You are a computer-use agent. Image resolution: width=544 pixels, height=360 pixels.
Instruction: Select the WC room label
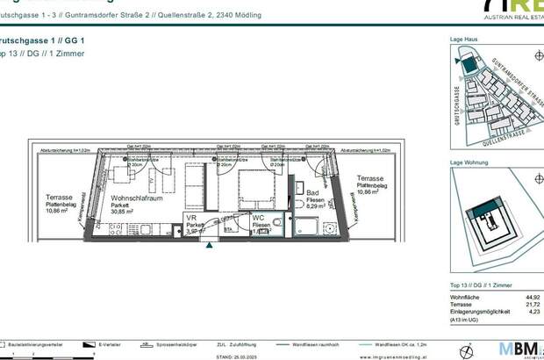(x=259, y=217)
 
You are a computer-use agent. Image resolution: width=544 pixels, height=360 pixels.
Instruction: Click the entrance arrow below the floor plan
(x=208, y=246)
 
